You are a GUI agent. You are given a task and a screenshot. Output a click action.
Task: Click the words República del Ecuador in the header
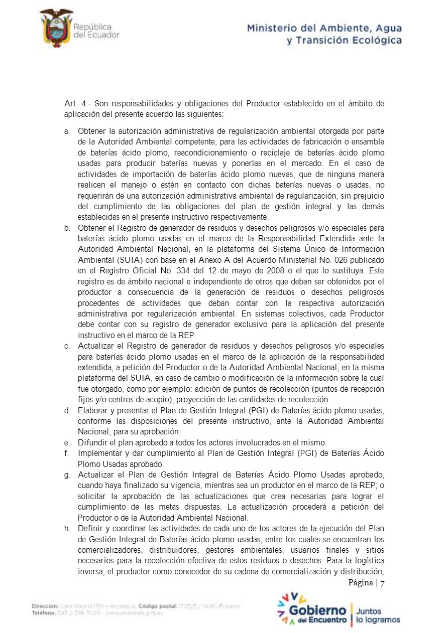coord(96,31)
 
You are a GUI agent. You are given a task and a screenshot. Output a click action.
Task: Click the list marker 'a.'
coord(67,131)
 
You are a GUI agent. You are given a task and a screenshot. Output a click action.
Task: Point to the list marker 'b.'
coord(67,228)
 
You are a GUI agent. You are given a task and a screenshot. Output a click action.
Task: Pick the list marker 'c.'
coord(67,346)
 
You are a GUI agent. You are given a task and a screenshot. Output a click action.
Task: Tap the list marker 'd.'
coord(67,410)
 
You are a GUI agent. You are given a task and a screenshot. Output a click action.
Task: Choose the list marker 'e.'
coord(67,442)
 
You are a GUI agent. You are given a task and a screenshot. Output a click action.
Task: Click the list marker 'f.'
coord(67,453)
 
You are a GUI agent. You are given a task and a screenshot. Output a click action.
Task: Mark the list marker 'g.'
coord(67,474)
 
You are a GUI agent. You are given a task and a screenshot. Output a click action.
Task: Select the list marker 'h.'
coord(67,528)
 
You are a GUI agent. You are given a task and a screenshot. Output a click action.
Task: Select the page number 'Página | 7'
coord(366,583)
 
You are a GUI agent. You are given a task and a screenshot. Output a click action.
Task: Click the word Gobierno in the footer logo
coord(317,611)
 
